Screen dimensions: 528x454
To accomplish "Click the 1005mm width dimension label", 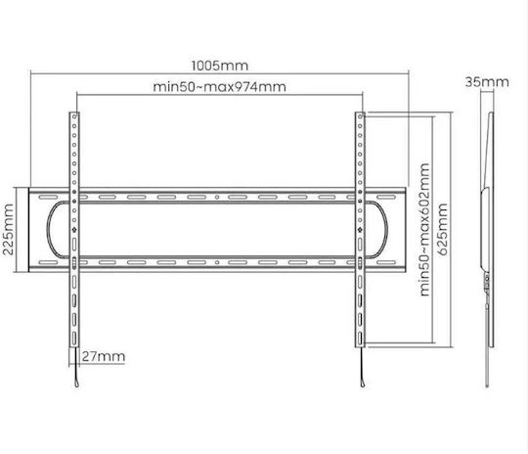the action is coord(220,66).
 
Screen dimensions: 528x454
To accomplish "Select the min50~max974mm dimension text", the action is coord(220,87).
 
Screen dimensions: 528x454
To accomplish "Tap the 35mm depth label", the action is coord(487,82).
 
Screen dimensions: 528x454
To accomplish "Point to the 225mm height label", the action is coord(8,229).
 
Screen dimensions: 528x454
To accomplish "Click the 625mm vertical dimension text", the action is coord(443,229).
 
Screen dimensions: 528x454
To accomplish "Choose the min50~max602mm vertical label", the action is coord(425,230).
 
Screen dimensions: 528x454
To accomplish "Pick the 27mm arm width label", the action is coord(104,356).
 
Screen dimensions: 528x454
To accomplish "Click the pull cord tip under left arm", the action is coord(77,384).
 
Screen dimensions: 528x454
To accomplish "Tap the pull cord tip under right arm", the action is coord(363,384).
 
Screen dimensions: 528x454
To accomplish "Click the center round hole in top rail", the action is coord(217,197).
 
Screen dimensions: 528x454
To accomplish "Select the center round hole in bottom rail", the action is coord(217,262).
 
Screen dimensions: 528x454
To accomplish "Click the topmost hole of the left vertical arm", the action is coord(74,116).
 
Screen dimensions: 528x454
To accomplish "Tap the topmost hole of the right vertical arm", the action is coord(360,116).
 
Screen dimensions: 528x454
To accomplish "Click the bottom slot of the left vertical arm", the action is coord(74,339).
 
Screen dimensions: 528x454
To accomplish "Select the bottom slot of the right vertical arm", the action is coord(360,339).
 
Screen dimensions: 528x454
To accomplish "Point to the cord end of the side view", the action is coord(487,385).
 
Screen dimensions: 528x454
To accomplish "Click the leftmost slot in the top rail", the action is coord(48,197).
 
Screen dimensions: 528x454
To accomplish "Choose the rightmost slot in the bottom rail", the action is coord(386,262).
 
